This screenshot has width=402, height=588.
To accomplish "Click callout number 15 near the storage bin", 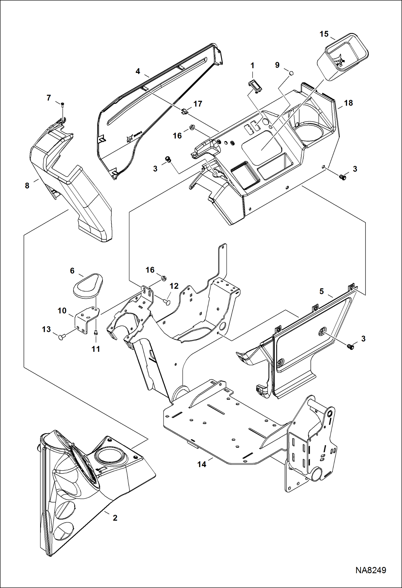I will point(324,34).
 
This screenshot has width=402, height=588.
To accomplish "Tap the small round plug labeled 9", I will point(291,73).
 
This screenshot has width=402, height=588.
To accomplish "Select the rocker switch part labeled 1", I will point(255,86).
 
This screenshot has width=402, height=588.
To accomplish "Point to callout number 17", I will point(198,104).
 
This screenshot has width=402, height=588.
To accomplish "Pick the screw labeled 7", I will point(63,104).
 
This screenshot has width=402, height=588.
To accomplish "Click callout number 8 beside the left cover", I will point(27,186).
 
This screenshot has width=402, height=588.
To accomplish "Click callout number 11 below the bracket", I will point(96,349).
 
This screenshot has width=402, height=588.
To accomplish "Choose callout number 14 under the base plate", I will point(202,464).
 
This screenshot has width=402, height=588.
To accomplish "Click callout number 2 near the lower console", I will point(115,518).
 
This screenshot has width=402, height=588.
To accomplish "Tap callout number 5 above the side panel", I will point(321,291).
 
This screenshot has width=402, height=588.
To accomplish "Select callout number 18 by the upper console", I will point(348,103).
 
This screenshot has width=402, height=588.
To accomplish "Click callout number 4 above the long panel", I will point(138,71).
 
